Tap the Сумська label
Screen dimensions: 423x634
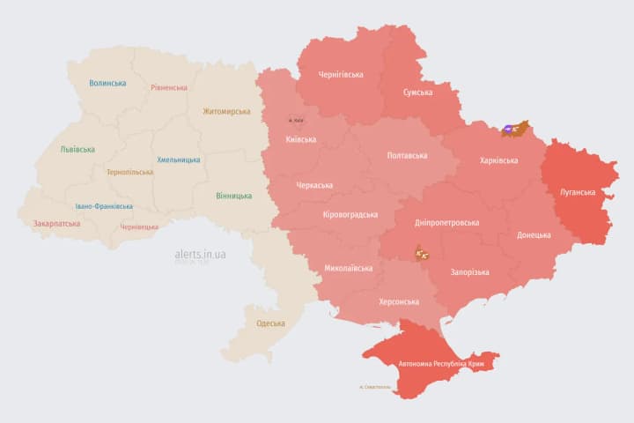pos(417,92)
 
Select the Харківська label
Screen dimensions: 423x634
pos(498,160)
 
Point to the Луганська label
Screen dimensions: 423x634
pos(578,191)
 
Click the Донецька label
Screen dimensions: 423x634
pos(534,235)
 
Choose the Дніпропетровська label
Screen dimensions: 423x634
pos(447,222)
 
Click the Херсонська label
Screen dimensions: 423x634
pos(398,301)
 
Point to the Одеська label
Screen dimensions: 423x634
pos(270,323)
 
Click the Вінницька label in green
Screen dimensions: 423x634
pos(233,196)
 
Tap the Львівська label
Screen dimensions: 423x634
pos(77,150)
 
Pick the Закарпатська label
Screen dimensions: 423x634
pos(56,224)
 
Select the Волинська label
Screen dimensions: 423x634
pos(107,83)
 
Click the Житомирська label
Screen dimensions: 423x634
pos(226,111)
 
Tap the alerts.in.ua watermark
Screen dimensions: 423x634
pos(200,255)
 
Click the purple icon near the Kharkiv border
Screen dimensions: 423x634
pos(509,130)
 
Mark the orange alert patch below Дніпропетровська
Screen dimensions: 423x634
pos(422,255)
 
